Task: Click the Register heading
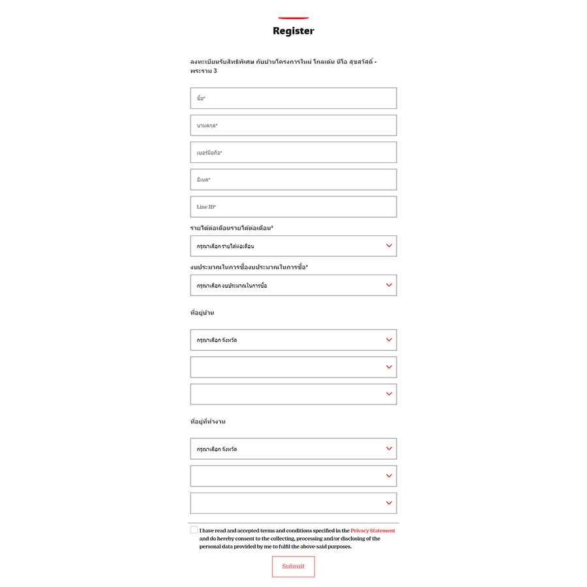(x=293, y=31)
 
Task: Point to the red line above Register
(x=293, y=18)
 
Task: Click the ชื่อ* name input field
(x=293, y=98)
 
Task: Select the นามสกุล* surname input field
(x=293, y=125)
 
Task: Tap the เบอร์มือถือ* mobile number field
(x=293, y=153)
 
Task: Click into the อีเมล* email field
(x=293, y=179)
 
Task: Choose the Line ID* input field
(x=293, y=207)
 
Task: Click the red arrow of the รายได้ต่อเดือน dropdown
(x=389, y=246)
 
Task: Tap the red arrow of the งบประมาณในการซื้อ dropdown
(x=389, y=285)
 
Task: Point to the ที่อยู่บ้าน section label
(x=202, y=313)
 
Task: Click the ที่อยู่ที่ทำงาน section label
(x=208, y=422)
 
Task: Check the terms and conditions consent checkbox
(x=194, y=530)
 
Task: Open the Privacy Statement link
(x=372, y=531)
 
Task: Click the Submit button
(x=293, y=566)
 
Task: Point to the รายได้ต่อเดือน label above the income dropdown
(x=232, y=228)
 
